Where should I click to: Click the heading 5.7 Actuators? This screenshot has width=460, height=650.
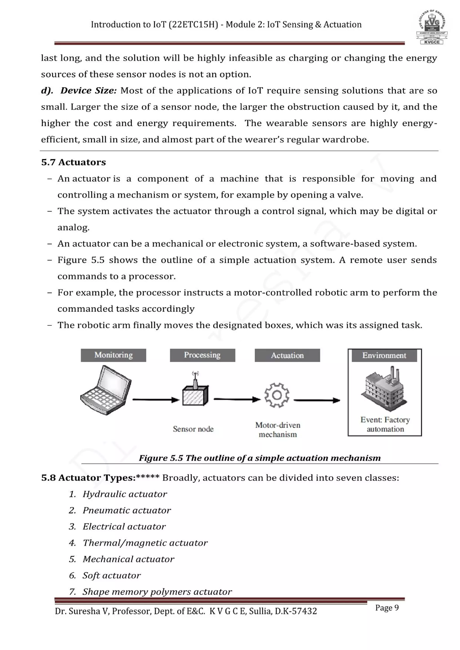(x=73, y=162)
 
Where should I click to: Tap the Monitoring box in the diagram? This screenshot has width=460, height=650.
(x=113, y=355)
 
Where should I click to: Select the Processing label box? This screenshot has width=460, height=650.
(x=202, y=355)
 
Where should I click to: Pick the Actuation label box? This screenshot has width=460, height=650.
(x=287, y=355)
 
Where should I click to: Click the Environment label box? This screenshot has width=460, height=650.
(x=384, y=355)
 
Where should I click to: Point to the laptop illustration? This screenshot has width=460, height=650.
(x=106, y=390)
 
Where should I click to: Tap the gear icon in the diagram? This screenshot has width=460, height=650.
(x=277, y=395)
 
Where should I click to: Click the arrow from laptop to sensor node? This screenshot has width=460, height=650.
(x=156, y=400)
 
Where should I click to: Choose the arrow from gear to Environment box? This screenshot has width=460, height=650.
(x=317, y=400)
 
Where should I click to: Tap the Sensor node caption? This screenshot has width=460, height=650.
(x=193, y=429)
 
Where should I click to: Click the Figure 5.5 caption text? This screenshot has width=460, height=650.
(x=259, y=458)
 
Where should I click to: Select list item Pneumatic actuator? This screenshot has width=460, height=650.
(x=127, y=510)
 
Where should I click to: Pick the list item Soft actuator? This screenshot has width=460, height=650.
(x=111, y=575)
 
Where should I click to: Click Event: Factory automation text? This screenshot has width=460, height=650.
(x=385, y=424)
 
